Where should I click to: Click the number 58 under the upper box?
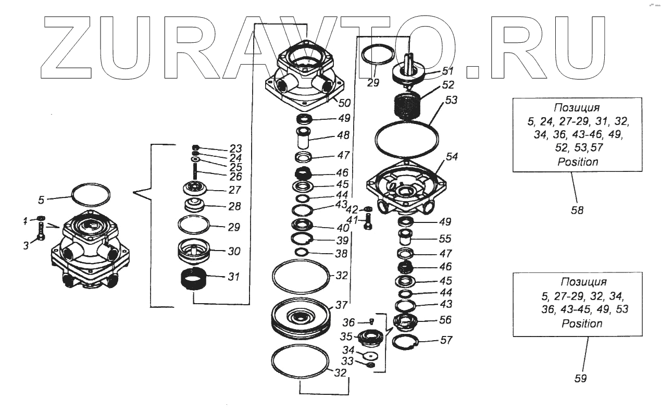pos(577,210)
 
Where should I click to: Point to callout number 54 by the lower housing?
pos(451,157)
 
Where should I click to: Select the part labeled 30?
pos(194,252)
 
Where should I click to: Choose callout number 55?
pos(444,239)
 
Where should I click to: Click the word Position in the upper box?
pos(578,162)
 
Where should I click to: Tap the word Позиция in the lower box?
pos(583,282)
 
